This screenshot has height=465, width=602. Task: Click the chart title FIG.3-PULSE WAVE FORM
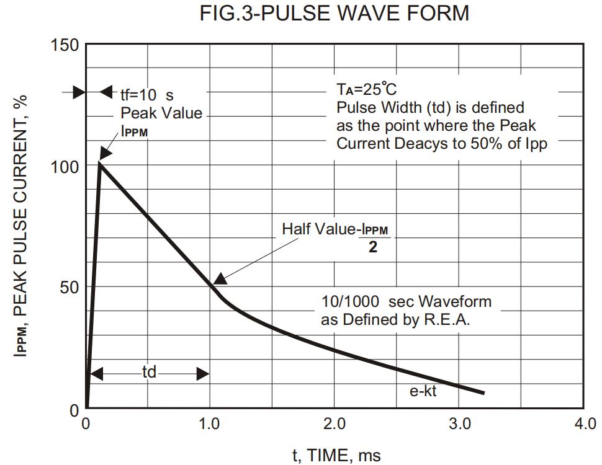coord(335,13)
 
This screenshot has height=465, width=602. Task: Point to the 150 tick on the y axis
coord(65,45)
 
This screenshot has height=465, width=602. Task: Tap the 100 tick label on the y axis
coord(65,167)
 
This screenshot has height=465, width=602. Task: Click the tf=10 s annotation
coord(147,95)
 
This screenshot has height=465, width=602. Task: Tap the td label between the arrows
coord(150,373)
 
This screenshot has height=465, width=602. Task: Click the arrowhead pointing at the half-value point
coord(218,280)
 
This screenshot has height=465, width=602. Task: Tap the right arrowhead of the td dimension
coord(203,373)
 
